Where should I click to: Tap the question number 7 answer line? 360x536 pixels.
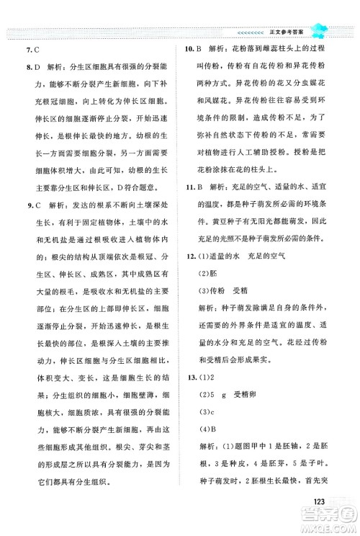32,51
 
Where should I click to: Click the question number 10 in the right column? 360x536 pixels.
191,51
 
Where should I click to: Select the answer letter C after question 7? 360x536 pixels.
36,51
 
